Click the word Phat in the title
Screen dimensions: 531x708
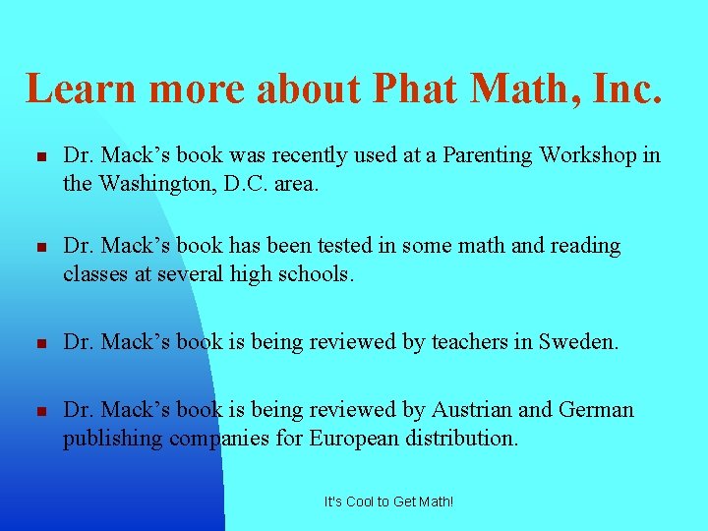coord(415,88)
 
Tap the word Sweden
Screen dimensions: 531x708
coord(577,342)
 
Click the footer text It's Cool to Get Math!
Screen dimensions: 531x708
coord(389,501)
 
